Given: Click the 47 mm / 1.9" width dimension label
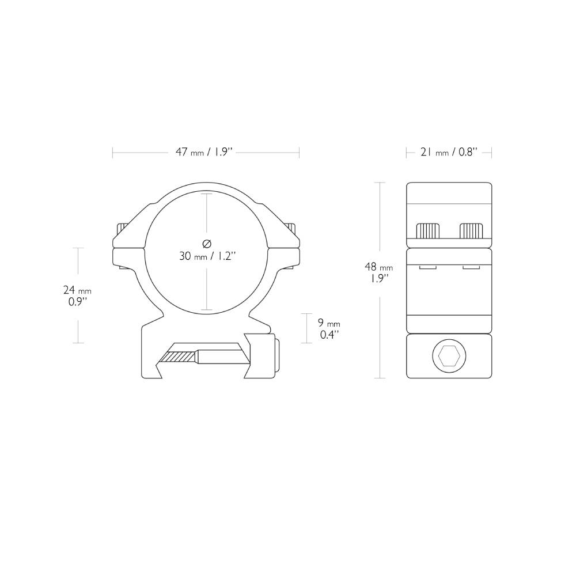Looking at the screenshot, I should click(x=204, y=153).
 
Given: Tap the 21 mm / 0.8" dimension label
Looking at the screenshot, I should click(x=449, y=153).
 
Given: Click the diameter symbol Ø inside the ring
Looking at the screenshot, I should click(x=207, y=243).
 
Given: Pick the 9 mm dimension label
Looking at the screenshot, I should click(x=329, y=324).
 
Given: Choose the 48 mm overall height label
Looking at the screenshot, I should click(x=378, y=267).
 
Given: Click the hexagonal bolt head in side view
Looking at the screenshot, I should click(x=449, y=357).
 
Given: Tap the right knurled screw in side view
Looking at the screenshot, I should click(x=471, y=230).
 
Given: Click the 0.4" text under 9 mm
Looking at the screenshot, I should click(x=329, y=335).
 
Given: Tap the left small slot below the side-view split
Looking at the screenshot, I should click(x=427, y=268).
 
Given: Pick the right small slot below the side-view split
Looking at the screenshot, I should click(x=471, y=268).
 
